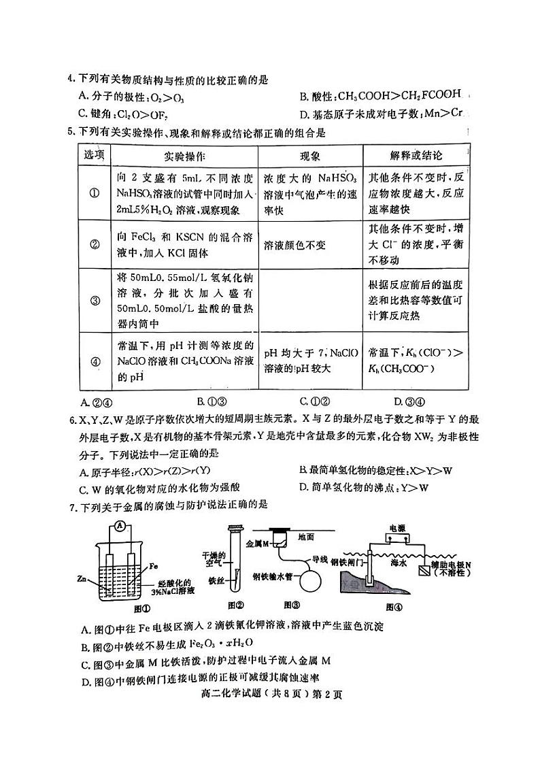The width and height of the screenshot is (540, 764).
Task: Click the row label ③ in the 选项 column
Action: [x=95, y=300]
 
